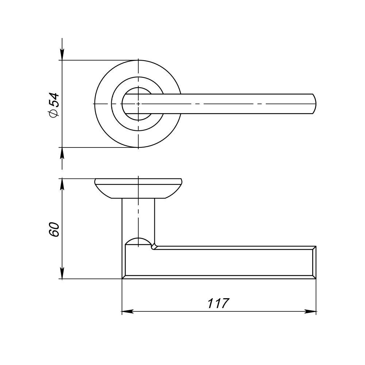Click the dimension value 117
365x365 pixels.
click(218, 303)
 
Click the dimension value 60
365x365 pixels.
click(54, 229)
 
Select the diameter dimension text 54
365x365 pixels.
click(54, 99)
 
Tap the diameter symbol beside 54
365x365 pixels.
click(53, 114)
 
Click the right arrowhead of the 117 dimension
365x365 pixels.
click(311, 312)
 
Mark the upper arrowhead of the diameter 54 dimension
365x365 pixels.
click(62, 55)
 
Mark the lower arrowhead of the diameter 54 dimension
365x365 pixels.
click(62, 153)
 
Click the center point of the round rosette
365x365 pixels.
click(138, 104)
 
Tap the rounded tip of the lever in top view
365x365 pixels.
click(314, 104)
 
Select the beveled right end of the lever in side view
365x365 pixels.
click(314, 262)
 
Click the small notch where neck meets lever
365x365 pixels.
click(154, 247)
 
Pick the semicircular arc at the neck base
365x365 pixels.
click(138, 239)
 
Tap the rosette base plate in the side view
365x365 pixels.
click(138, 188)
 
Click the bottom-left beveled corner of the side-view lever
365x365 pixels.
click(124, 277)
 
